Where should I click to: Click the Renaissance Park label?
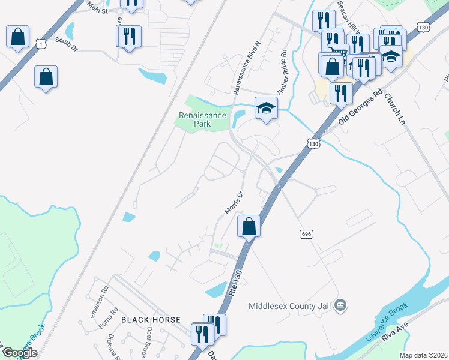202,119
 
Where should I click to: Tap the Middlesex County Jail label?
290,306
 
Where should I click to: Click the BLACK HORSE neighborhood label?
151,320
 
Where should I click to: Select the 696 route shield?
306,233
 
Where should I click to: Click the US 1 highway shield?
41,44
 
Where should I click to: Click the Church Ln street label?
394,109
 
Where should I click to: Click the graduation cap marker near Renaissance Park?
266,108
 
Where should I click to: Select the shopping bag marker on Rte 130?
249,227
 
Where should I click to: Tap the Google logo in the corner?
20,353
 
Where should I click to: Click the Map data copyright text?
423,355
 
